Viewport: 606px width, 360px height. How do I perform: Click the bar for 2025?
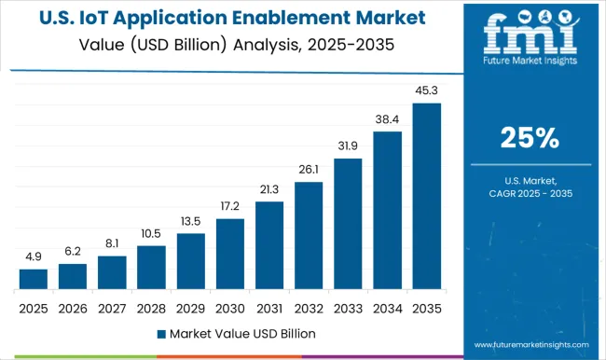(33, 279)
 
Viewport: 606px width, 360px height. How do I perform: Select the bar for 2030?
(229, 254)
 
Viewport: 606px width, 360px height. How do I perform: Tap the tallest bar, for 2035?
(426, 196)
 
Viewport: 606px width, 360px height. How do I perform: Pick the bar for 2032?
(309, 235)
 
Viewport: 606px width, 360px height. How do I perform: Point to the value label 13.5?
(190, 223)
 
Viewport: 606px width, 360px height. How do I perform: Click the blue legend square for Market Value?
(161, 333)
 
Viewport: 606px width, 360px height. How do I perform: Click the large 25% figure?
(530, 138)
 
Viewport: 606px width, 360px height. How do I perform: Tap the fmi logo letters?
(530, 37)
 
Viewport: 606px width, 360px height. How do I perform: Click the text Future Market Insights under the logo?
(530, 67)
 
